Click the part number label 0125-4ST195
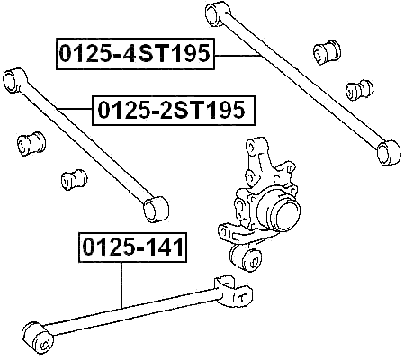135,54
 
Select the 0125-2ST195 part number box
174,110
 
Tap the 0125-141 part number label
132,247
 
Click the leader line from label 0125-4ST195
237,56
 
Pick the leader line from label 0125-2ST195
75,109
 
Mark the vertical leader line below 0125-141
121,285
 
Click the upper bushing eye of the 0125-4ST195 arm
217,14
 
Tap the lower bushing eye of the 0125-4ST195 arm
388,152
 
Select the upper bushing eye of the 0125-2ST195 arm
14,80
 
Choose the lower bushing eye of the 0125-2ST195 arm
156,210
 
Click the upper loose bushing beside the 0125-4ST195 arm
327,51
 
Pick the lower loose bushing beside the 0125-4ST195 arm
359,90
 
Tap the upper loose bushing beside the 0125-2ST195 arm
31,143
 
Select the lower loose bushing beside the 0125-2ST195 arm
74,179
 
